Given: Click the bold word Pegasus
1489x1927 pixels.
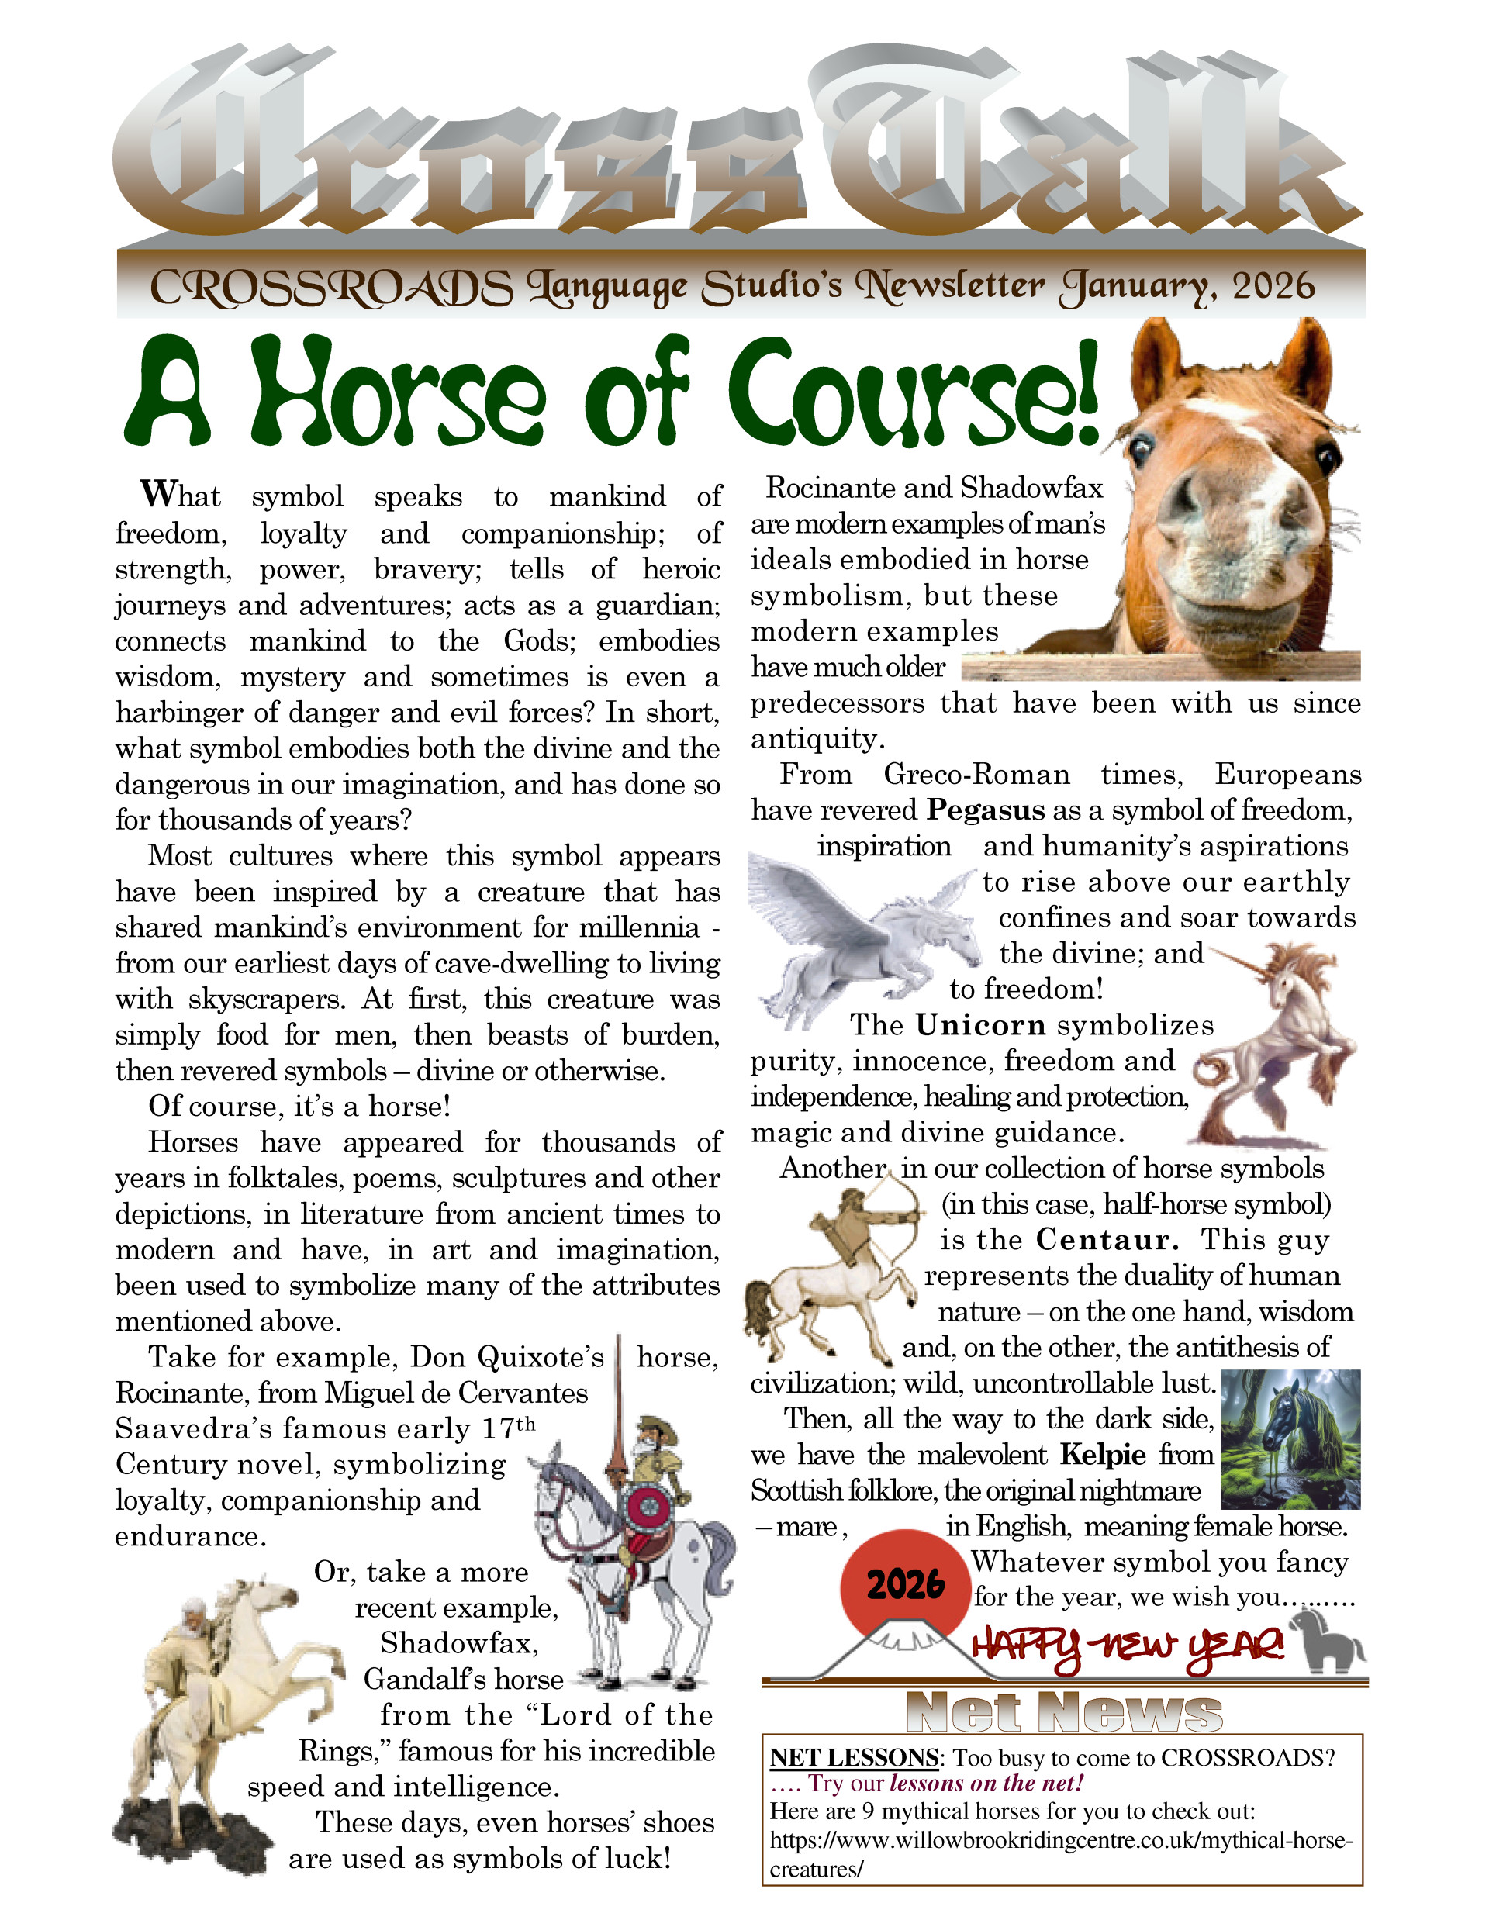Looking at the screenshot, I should (x=985, y=810).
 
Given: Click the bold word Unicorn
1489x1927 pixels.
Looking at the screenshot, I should (x=979, y=1025).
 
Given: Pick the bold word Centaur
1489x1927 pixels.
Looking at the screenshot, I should (x=1106, y=1240).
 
